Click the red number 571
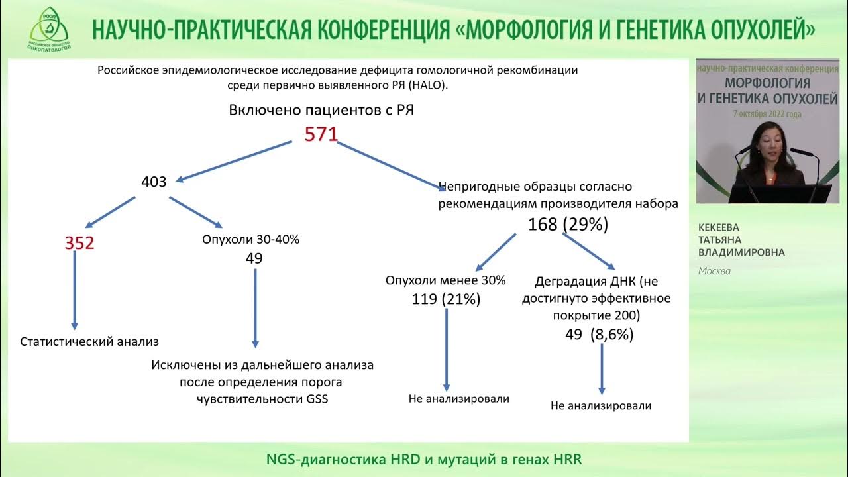tap(321, 135)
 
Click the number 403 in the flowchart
tap(154, 181)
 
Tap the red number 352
tap(79, 243)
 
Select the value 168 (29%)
tap(568, 224)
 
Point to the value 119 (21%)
tap(445, 299)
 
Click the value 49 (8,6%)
tap(599, 335)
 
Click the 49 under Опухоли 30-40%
tap(254, 258)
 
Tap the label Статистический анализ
tap(90, 342)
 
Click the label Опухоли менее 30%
tap(445, 280)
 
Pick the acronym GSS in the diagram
tap(315, 399)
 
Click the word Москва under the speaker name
tap(715, 270)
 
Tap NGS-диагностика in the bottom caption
tap(313, 459)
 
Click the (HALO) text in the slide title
tap(428, 85)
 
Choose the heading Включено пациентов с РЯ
tap(321, 110)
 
